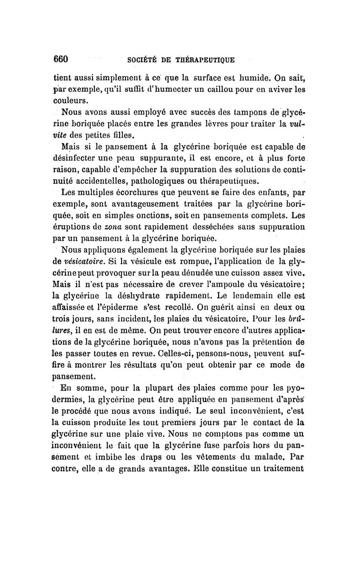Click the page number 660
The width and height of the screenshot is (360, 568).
61,59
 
